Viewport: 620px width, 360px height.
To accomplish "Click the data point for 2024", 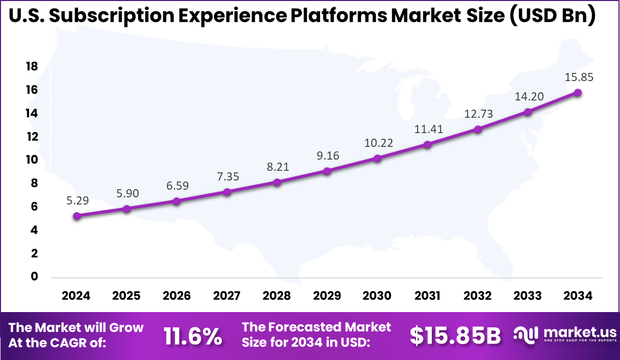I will [76, 216].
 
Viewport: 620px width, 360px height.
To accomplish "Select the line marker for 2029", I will [327, 171].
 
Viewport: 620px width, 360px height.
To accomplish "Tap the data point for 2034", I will [578, 93].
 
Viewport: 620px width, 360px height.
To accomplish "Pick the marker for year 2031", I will [428, 145].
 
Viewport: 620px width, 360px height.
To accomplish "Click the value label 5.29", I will [77, 200].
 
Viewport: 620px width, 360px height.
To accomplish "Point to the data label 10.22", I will [378, 143].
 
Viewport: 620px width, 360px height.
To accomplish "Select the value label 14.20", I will [528, 97].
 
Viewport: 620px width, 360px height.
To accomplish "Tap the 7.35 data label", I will [227, 176].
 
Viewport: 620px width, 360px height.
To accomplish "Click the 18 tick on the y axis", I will [32, 66].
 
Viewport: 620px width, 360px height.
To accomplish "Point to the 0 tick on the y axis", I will [35, 276].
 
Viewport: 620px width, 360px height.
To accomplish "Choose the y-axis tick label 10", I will [32, 160].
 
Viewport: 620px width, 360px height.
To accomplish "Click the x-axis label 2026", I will [176, 296].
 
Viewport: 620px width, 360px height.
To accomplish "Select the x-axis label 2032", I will [478, 296].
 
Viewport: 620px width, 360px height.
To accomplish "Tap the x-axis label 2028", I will [277, 296].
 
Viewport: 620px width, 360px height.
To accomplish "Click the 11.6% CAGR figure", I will [193, 336].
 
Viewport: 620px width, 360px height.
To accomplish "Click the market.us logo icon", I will [526, 335].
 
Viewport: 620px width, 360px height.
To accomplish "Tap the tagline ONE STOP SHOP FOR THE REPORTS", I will [580, 341].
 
